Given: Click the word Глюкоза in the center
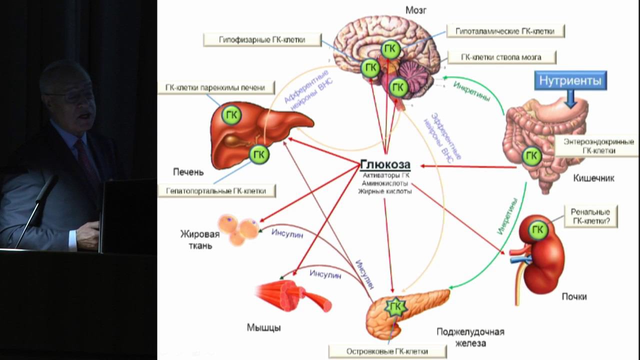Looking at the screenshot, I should pyautogui.click(x=385, y=164).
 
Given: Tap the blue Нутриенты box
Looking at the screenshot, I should pyautogui.click(x=569, y=80).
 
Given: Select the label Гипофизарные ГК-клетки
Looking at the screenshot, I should pyautogui.click(x=262, y=39).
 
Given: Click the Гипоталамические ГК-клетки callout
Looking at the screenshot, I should pyautogui.click(x=505, y=31).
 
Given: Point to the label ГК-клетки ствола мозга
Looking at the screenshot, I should pyautogui.click(x=501, y=57).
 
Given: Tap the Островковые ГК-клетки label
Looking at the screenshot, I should pyautogui.click(x=388, y=351).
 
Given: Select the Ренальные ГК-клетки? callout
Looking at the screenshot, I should pyautogui.click(x=590, y=216).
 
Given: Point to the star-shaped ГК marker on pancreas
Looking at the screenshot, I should pyautogui.click(x=395, y=306).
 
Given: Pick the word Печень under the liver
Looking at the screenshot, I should pyautogui.click(x=188, y=172).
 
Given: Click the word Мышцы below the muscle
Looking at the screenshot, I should pyautogui.click(x=263, y=328).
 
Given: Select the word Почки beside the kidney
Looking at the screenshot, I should pyautogui.click(x=574, y=296).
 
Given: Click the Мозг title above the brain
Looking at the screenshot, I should pyautogui.click(x=415, y=10).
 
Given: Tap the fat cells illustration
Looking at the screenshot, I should pyautogui.click(x=239, y=230).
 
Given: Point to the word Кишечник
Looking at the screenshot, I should pyautogui.click(x=594, y=178).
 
